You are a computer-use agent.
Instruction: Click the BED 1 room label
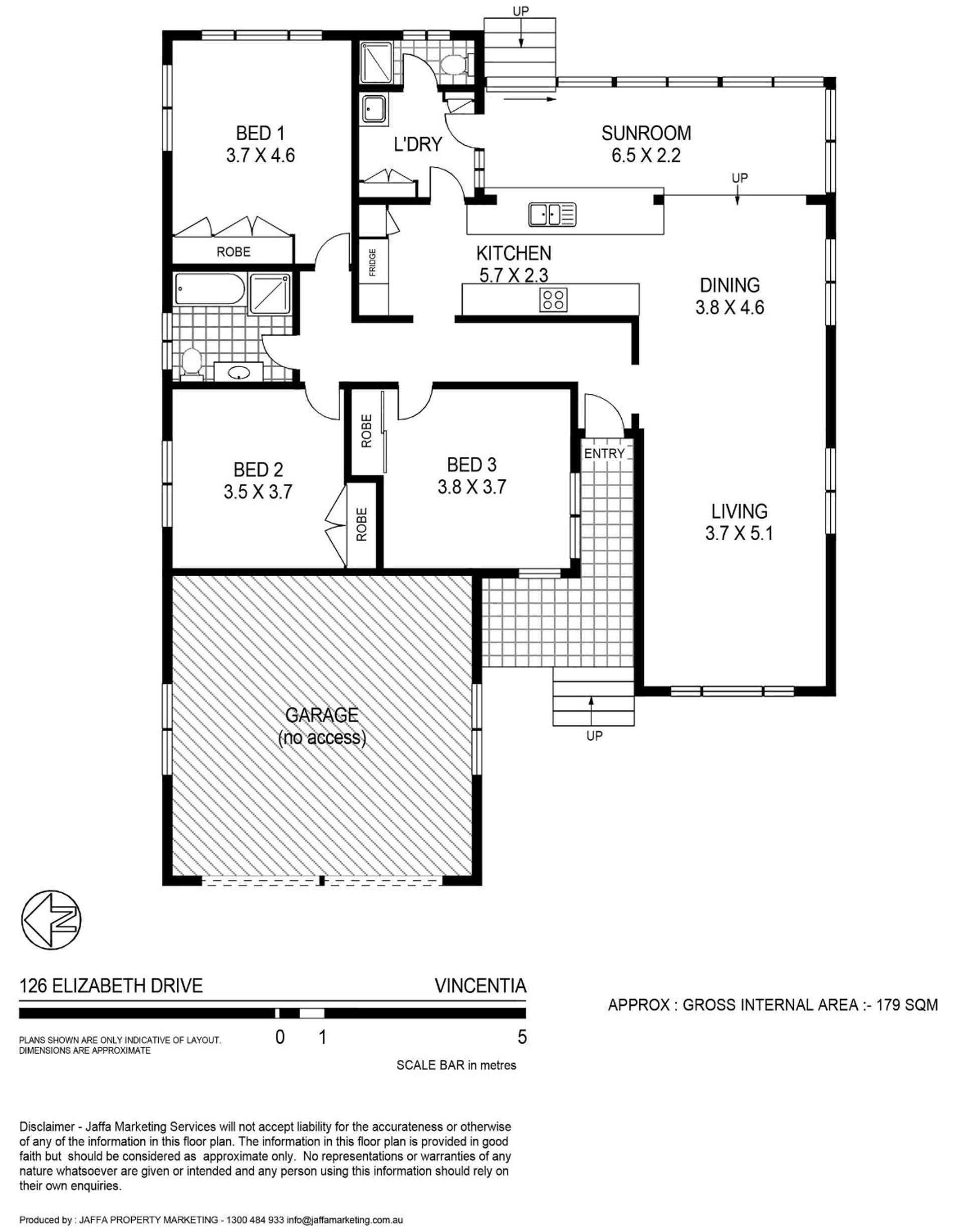[x=260, y=133]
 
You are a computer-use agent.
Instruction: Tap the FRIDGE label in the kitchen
[x=372, y=263]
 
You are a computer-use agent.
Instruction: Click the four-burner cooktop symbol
[x=554, y=299]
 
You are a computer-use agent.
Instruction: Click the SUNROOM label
[x=646, y=133]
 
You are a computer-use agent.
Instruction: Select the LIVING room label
[x=739, y=512]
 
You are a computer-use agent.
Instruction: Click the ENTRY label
[x=604, y=453]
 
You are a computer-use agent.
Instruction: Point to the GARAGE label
[x=322, y=715]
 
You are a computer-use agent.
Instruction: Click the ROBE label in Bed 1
[x=234, y=252]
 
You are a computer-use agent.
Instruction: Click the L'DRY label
[x=418, y=144]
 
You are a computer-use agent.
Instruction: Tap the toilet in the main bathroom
[x=191, y=364]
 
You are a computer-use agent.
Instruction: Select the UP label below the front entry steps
[x=595, y=735]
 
